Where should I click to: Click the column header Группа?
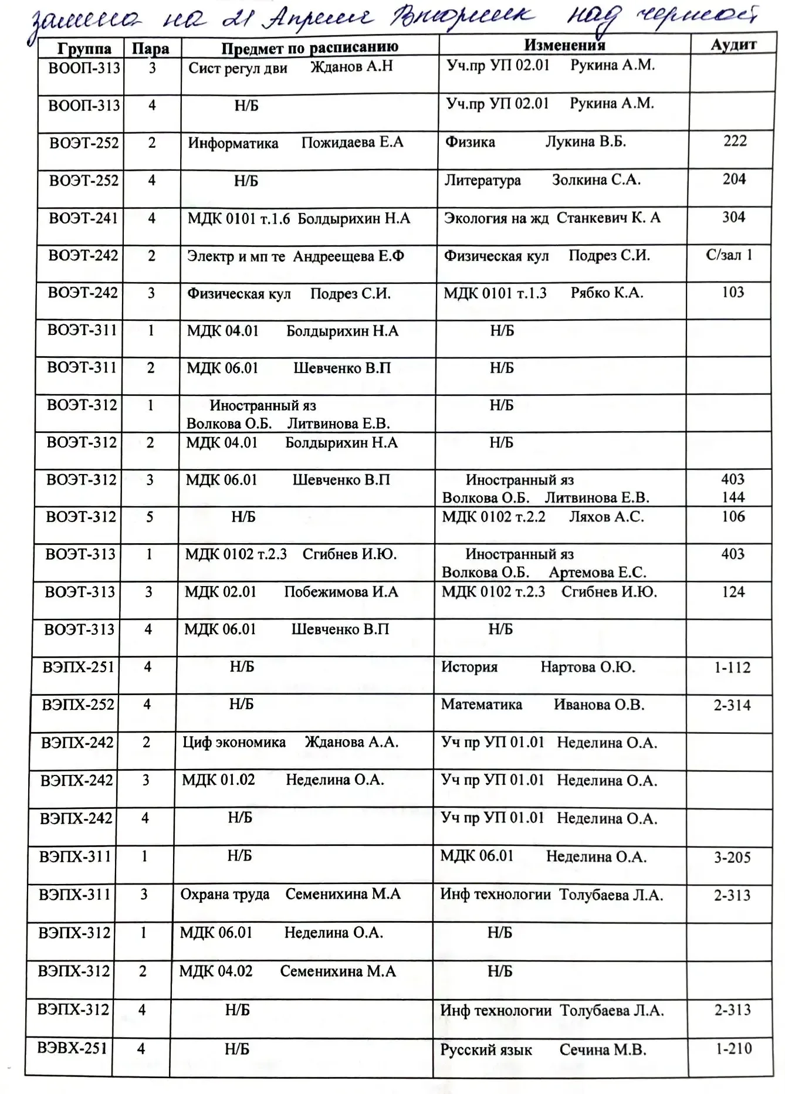point(84,49)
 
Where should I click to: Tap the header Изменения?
point(564,45)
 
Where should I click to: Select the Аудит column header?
point(733,45)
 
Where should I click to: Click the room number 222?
point(735,141)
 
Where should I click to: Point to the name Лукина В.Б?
point(586,142)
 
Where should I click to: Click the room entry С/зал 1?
point(729,255)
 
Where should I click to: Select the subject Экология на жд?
point(496,218)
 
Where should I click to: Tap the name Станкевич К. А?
point(608,218)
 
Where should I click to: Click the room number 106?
point(733,517)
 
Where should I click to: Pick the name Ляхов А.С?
point(606,517)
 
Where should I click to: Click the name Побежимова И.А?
point(341,592)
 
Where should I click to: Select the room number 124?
point(733,592)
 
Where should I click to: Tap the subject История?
point(469,667)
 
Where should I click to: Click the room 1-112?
point(732,668)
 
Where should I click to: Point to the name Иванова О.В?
point(598,705)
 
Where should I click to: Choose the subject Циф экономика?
point(234,743)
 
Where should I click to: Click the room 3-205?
point(732,858)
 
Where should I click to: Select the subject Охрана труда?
point(225,895)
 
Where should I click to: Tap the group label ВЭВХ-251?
point(72,1048)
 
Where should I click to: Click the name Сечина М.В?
point(603,1050)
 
